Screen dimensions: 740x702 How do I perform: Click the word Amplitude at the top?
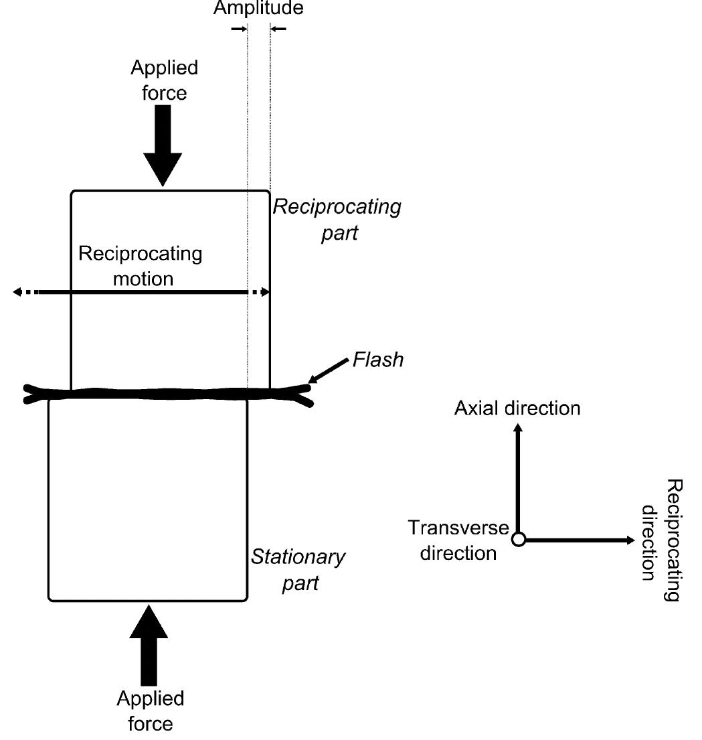(x=258, y=8)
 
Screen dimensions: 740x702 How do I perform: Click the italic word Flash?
(x=378, y=360)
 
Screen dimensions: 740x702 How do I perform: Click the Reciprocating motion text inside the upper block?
(x=140, y=266)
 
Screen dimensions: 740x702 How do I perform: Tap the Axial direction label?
(x=517, y=408)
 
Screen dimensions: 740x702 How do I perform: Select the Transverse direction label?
(x=459, y=540)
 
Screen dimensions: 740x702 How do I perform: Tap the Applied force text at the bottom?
(x=150, y=711)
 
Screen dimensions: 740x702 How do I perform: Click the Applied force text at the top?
(x=164, y=80)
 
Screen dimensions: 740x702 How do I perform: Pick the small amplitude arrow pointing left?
(x=279, y=29)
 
